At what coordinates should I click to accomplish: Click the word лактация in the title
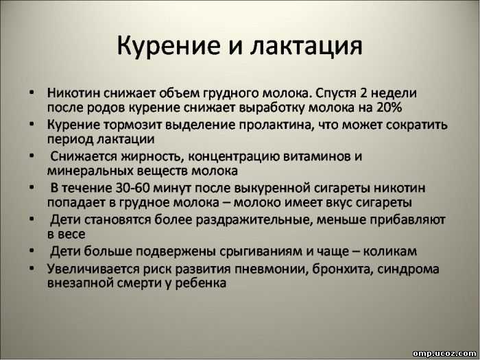[306, 46]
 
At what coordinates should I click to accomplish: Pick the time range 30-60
[132, 188]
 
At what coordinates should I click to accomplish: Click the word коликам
[390, 252]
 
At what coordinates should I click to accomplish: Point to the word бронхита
[340, 269]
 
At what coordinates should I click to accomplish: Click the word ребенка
[201, 283]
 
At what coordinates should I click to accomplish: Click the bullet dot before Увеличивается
[32, 268]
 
